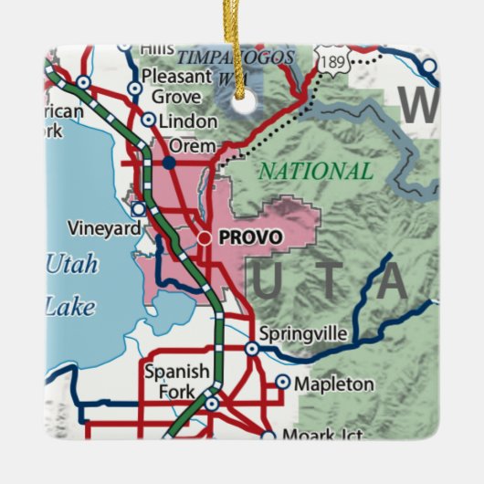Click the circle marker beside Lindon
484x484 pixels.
pyautogui.click(x=149, y=120)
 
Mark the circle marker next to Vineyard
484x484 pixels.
pyautogui.click(x=138, y=209)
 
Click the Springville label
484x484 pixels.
pyautogui.click(x=302, y=335)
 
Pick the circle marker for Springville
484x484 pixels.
pyautogui.click(x=251, y=348)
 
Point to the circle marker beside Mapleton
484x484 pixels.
pyautogui.click(x=283, y=383)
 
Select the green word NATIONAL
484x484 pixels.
pyautogui.click(x=315, y=171)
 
